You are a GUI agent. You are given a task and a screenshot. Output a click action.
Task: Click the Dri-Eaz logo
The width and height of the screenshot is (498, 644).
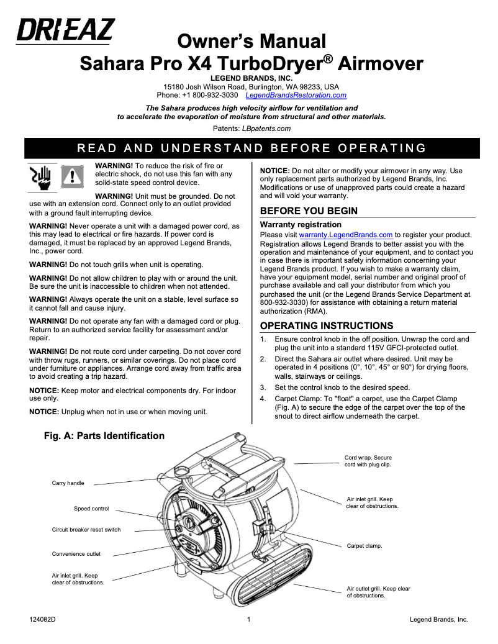pyautogui.click(x=65, y=30)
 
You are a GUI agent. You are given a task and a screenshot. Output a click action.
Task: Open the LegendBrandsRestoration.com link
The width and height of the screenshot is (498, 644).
pyautogui.click(x=296, y=96)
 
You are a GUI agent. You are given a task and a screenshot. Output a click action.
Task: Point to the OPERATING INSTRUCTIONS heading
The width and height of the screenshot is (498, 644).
pyautogui.click(x=326, y=326)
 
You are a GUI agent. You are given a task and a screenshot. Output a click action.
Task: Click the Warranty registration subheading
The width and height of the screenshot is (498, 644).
pyautogui.click(x=301, y=224)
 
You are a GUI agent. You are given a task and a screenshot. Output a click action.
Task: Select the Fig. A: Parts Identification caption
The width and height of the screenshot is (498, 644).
pyautogui.click(x=104, y=436)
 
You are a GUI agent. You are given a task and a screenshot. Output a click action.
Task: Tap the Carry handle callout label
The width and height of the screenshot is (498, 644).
pyautogui.click(x=68, y=483)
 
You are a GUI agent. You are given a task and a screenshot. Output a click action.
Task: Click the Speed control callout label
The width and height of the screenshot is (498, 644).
pyautogui.click(x=91, y=509)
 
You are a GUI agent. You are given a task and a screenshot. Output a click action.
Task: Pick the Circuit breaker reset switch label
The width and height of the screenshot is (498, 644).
pyautogui.click(x=86, y=530)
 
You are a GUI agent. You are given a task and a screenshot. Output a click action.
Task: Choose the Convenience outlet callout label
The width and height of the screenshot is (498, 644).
pyautogui.click(x=76, y=554)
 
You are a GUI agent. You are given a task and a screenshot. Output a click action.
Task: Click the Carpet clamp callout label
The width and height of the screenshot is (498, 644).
pyautogui.click(x=364, y=546)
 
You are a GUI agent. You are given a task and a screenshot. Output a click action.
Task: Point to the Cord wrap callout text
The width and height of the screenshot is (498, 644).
pyautogui.click(x=368, y=461)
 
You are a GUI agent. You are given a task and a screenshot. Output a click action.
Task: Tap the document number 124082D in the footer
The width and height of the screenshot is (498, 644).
pyautogui.click(x=43, y=620)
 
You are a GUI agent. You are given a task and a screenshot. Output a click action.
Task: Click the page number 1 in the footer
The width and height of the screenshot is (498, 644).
pyautogui.click(x=248, y=620)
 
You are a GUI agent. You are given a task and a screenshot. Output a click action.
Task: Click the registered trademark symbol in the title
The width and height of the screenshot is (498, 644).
pyautogui.click(x=329, y=58)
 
